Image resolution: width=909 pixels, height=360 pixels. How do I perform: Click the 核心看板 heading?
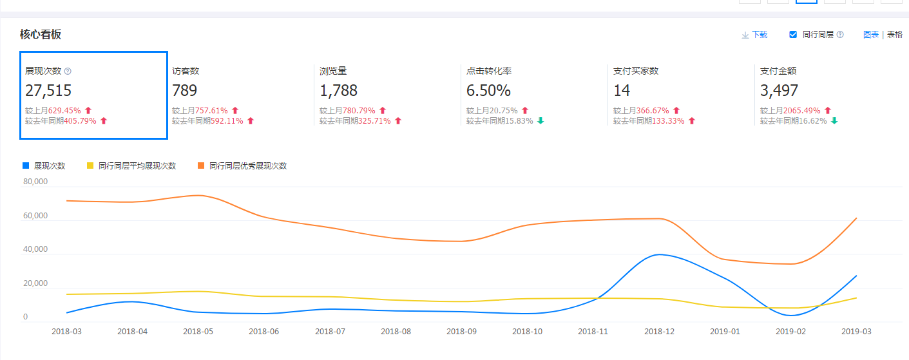[41, 35]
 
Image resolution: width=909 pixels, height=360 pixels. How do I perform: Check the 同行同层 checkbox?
[793, 35]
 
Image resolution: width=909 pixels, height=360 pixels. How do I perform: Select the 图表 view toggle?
[871, 35]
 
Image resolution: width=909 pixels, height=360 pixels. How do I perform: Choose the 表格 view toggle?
[895, 35]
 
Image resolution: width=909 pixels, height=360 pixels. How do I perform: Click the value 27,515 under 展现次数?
[48, 90]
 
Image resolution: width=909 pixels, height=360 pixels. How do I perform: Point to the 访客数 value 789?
[185, 90]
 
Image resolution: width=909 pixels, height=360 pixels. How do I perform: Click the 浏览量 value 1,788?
[338, 90]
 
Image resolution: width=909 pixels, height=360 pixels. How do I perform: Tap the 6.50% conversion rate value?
[488, 90]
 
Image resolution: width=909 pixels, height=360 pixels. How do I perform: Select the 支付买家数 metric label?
[636, 71]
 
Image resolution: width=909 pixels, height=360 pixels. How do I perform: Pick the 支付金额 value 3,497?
[779, 90]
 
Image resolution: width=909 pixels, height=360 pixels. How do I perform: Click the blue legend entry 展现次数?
[44, 166]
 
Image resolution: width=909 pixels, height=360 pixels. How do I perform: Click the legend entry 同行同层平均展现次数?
[131, 166]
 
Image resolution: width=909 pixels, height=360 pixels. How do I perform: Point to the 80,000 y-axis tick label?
[35, 182]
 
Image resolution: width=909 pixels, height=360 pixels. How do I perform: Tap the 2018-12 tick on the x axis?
[659, 332]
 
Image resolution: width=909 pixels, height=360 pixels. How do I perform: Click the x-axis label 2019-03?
[856, 332]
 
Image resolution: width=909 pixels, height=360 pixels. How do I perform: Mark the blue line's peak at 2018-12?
[659, 254]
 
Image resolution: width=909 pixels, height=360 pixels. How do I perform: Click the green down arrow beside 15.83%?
[541, 121]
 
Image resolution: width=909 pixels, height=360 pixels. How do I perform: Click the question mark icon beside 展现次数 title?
[68, 71]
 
